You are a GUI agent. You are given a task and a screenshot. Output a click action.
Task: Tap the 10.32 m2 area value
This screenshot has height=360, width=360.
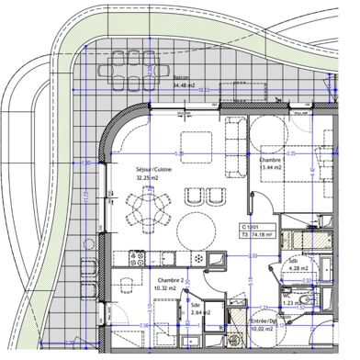pyautogui.click(x=167, y=288)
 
